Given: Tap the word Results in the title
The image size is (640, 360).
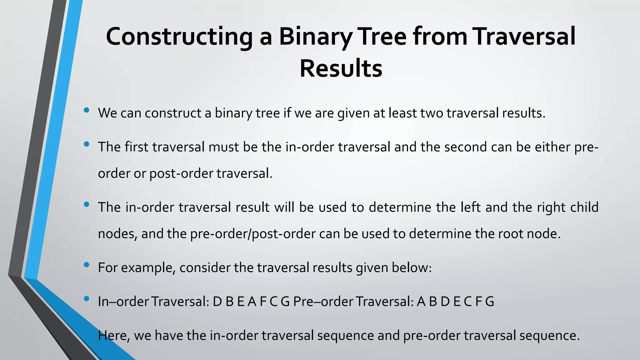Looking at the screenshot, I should (x=341, y=69).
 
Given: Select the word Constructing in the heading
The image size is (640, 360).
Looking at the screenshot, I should (x=179, y=37).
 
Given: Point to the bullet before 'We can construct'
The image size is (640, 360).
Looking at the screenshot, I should (x=87, y=110).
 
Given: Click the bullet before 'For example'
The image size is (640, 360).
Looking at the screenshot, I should (x=87, y=265).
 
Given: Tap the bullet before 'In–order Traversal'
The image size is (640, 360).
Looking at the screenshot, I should (x=87, y=299).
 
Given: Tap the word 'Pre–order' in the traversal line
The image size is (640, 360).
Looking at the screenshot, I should (x=323, y=302).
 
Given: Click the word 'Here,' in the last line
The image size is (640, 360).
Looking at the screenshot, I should (x=114, y=336).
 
